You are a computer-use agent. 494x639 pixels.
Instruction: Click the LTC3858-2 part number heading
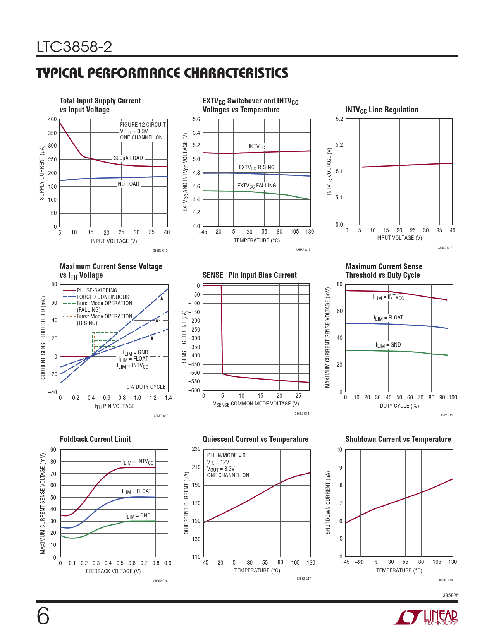coord(74,47)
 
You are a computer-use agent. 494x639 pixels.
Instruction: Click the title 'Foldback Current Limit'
coord(95,439)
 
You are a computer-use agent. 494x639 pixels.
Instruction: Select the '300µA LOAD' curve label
coord(128,158)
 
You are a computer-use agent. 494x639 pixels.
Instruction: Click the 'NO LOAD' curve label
coord(128,184)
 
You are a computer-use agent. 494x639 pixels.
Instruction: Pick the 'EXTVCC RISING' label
coord(256,167)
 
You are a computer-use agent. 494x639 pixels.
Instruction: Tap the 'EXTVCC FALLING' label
coord(256,186)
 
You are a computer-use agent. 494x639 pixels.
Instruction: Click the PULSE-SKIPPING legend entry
coord(97,290)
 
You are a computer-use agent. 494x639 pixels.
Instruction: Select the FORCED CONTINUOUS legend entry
coord(103,297)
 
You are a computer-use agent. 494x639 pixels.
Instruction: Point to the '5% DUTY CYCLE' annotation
coord(146,387)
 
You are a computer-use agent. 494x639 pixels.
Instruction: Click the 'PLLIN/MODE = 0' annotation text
coord(226,455)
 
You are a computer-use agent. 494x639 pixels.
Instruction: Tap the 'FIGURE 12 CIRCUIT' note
coord(143,125)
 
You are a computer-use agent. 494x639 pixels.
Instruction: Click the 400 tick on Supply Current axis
coord(52,119)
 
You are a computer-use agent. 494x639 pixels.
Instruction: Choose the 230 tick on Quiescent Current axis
coord(196,449)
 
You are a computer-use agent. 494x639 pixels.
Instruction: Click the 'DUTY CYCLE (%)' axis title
coord(399,406)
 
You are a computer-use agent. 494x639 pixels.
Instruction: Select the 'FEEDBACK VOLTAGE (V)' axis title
coord(113,571)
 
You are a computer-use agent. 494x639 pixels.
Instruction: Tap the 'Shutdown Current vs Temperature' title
coord(398,439)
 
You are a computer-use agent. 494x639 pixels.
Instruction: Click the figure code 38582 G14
coord(302,414)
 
